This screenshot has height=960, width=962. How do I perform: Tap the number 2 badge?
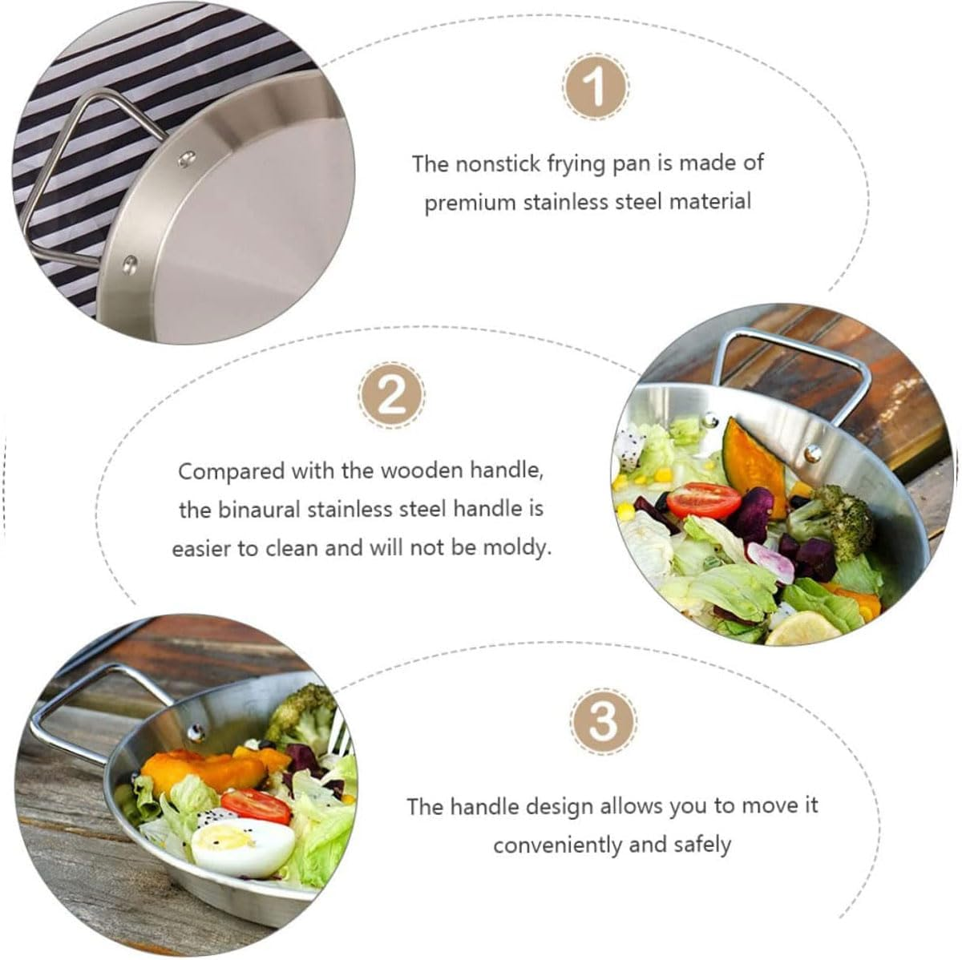392,395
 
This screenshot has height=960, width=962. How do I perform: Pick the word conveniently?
557,845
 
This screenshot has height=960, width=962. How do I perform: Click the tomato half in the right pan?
703,500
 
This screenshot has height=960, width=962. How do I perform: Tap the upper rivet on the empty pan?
187,159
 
